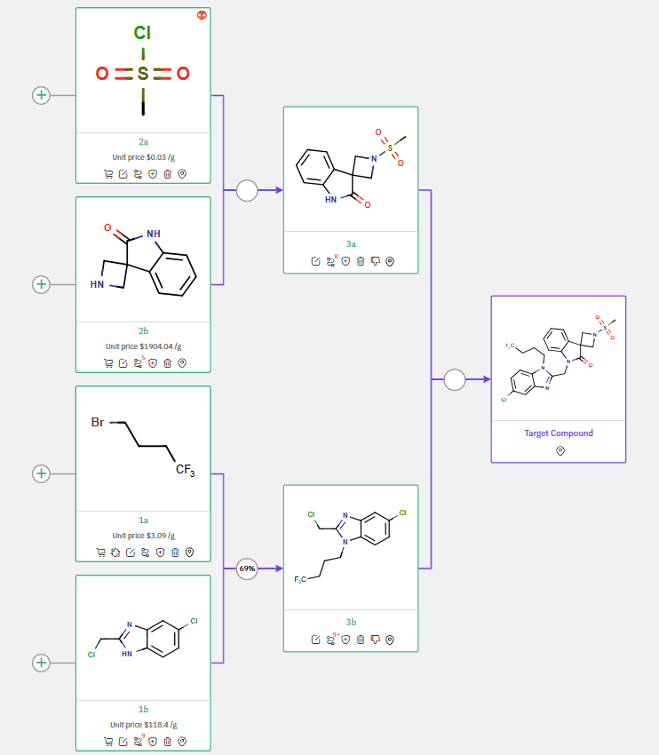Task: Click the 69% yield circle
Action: coord(247,568)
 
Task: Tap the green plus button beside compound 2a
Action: coord(41,95)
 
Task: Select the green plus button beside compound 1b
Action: coord(41,663)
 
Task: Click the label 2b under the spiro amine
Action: coord(143,331)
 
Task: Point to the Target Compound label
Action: coord(559,433)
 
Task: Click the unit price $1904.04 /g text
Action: coord(143,346)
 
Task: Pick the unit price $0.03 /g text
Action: coord(143,156)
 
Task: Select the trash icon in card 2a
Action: coord(167,174)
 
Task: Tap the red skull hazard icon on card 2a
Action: coord(202,15)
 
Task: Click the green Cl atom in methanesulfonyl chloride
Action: coord(142,34)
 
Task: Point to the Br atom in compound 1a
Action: coord(99,422)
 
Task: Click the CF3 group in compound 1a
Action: coord(184,470)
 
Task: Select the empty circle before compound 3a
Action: coord(247,190)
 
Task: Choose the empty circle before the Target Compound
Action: coord(455,379)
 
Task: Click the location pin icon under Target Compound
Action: coord(560,451)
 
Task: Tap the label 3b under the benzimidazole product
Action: coord(350,622)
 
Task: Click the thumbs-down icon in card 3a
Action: coord(375,262)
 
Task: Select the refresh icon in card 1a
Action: coord(115,552)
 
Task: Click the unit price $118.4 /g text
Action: coord(143,725)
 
